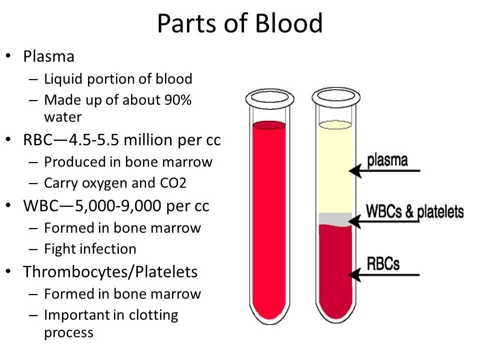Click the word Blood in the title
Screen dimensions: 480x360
pos(288,23)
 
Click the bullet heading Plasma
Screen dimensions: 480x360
pos(48,56)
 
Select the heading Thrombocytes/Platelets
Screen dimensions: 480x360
pos(110,272)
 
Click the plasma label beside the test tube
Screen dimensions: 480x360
pos(387,160)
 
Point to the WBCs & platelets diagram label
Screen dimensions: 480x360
pos(415,212)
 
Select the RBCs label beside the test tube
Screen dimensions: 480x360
pos(383,263)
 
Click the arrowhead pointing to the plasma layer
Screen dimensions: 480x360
pos(355,170)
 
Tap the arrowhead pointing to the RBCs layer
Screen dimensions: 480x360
pos(355,274)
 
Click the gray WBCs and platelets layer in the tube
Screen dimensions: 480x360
pos(335,219)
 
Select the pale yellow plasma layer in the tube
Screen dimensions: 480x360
pos(335,168)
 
